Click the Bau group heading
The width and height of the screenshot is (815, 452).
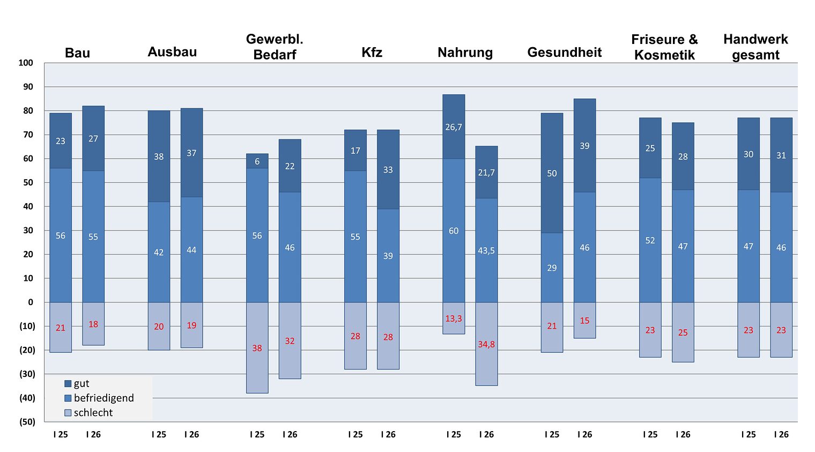tap(77, 53)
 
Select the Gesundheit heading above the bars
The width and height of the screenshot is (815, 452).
tap(564, 52)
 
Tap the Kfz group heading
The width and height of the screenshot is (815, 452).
tap(372, 52)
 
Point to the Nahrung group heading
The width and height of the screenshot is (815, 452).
tap(465, 52)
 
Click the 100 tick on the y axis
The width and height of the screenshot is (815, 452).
tap(26, 63)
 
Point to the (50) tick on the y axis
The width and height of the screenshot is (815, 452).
tap(27, 421)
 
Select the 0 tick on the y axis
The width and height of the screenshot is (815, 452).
tap(31, 302)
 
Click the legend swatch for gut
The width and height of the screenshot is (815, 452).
tap(68, 383)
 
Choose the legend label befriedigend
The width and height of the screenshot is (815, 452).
tap(103, 398)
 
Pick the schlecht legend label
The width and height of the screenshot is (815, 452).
tap(93, 412)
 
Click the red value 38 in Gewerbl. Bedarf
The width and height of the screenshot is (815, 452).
tap(257, 348)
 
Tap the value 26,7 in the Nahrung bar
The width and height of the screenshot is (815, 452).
tap(454, 127)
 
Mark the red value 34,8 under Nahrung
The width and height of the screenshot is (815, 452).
tap(486, 344)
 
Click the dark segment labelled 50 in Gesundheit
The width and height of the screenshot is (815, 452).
tap(552, 173)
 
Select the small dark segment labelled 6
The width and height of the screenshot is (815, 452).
tap(257, 161)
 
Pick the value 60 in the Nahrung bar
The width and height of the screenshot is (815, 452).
tap(454, 231)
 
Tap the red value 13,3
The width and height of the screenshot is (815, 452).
tap(454, 318)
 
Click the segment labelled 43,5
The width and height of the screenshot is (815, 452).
tap(486, 250)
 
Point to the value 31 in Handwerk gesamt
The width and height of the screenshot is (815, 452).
tap(781, 155)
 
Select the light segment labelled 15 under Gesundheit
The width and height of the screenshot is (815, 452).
tap(584, 321)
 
